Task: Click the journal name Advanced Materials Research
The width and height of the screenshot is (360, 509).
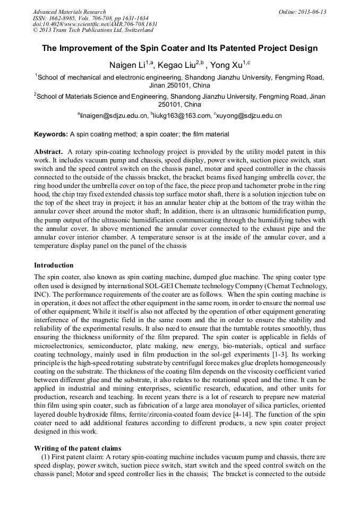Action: click(x=69, y=12)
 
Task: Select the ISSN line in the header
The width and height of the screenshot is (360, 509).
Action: click(x=90, y=18)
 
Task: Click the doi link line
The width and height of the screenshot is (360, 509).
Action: click(x=95, y=24)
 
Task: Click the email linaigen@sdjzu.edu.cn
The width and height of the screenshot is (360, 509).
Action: click(x=113, y=115)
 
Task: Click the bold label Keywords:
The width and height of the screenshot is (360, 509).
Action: click(x=51, y=134)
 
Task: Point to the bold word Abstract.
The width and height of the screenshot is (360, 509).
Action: click(x=49, y=152)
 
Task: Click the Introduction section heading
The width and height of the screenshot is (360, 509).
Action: click(x=54, y=265)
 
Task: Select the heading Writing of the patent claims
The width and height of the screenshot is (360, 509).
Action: click(x=78, y=448)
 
